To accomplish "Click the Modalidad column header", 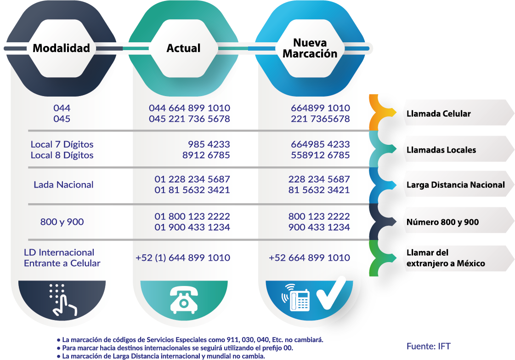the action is tap(62, 48).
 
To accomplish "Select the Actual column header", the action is tap(183, 48).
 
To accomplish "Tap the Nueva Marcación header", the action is tap(310, 48).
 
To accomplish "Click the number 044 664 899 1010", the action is tap(190, 108).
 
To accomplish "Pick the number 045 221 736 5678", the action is tap(190, 119).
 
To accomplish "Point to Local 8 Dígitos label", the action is tap(62, 155).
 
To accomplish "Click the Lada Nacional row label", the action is tap(63, 185).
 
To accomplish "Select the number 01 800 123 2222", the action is tap(192, 217).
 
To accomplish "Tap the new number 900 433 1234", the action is tap(319, 227).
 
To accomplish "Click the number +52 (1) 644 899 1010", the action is tap(183, 258).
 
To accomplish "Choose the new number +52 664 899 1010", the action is tap(309, 258).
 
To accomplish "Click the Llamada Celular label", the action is tap(438, 114).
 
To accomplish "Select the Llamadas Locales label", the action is tap(441, 150).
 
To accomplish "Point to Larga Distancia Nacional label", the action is tap(456, 185).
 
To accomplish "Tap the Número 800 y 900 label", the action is tap(442, 222).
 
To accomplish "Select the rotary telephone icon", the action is tap(184, 299).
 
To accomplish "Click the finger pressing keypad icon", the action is tap(63, 300).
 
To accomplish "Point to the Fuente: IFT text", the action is tap(428, 346).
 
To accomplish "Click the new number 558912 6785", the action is tap(320, 155).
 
